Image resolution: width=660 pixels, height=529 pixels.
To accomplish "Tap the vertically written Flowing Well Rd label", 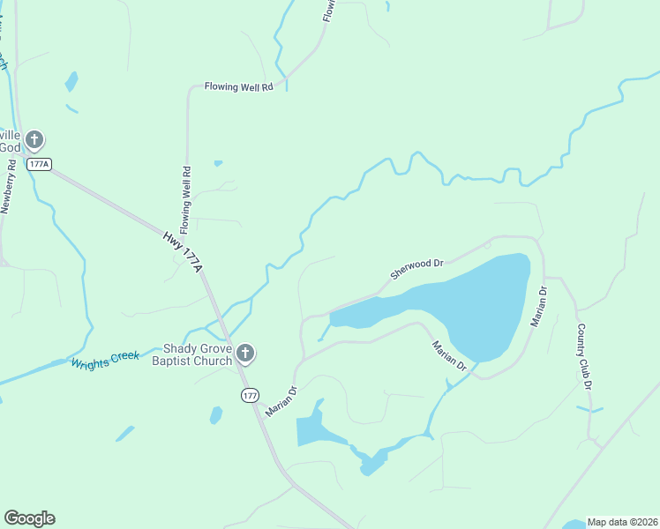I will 186,194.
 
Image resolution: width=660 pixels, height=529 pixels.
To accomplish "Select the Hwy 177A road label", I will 184,252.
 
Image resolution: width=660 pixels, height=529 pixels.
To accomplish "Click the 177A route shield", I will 39,164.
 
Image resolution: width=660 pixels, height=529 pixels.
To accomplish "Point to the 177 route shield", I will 250,396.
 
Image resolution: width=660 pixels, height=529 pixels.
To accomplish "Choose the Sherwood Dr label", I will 416,270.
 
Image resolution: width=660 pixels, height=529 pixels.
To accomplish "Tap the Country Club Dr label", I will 583,356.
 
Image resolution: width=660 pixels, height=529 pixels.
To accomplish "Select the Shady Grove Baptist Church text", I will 192,354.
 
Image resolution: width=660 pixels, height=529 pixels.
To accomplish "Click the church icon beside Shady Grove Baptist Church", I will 245,354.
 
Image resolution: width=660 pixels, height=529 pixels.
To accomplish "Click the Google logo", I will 29,518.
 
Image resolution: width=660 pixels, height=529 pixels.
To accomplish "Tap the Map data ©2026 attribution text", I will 621,522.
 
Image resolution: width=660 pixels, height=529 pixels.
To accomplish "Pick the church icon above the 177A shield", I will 34,139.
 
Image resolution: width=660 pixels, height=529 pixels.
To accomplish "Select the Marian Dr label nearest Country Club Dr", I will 539,307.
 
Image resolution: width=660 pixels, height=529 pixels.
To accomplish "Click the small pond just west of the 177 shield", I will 216,414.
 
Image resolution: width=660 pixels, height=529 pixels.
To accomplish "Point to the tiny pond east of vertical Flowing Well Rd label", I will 218,163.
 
